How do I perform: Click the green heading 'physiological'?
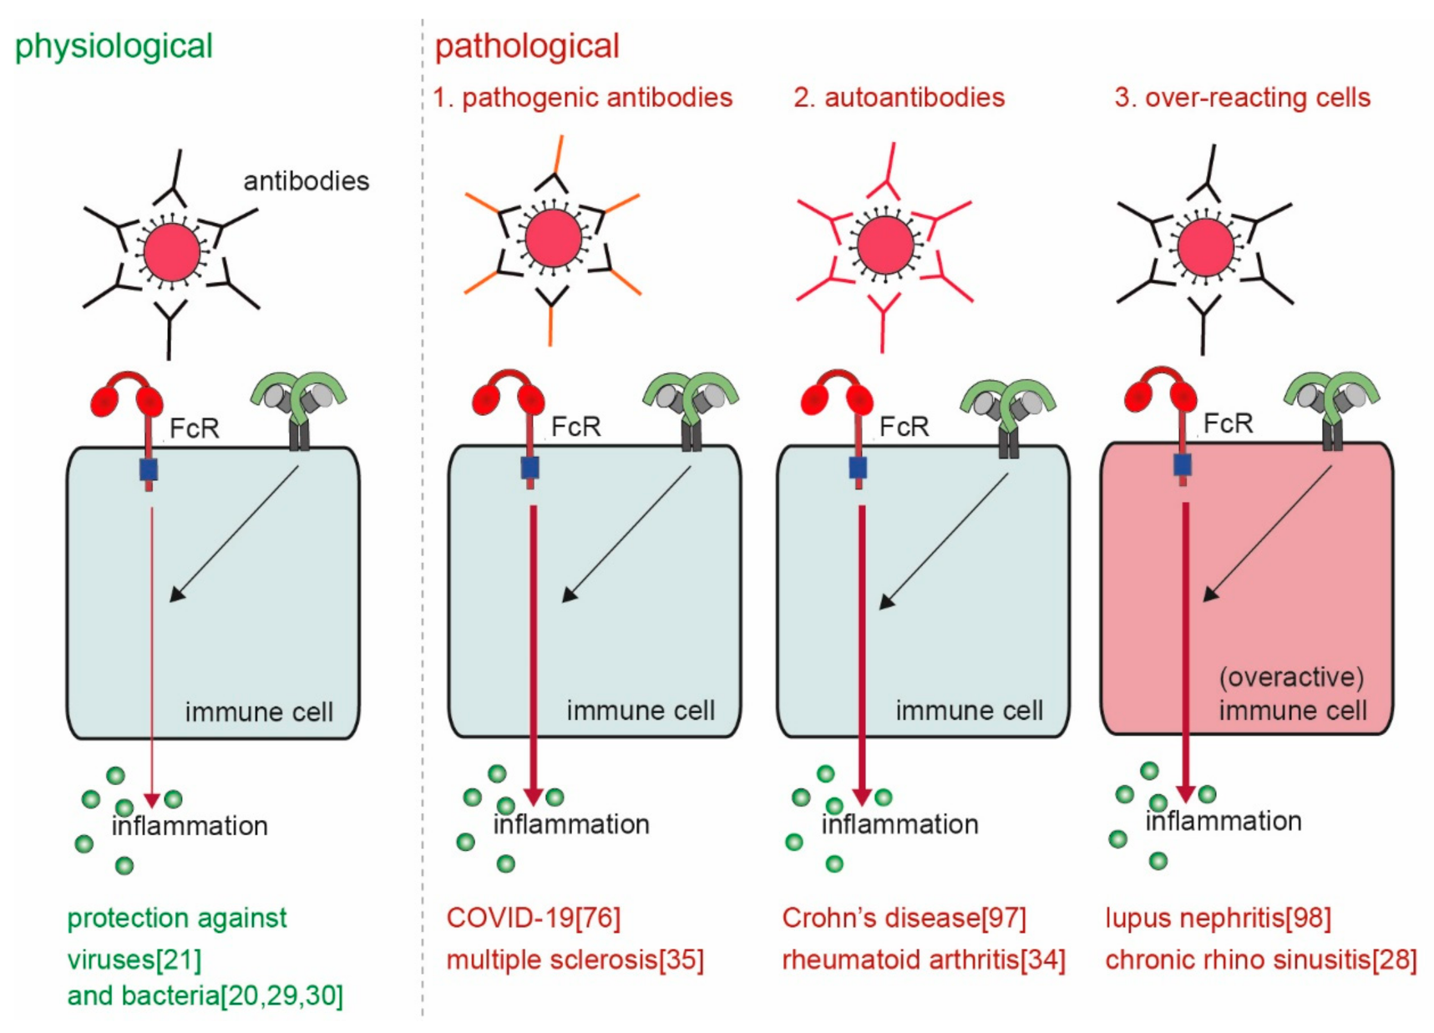click(114, 46)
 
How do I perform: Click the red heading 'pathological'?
click(527, 46)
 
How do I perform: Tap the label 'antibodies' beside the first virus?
click(306, 180)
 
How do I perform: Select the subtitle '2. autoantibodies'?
click(899, 98)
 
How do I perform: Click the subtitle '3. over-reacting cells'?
click(1242, 98)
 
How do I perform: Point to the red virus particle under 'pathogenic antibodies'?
click(553, 237)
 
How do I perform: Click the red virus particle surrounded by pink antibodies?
click(885, 246)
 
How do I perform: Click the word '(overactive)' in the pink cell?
click(1290, 676)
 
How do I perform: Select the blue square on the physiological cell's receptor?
click(149, 469)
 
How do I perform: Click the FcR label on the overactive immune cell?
click(1227, 423)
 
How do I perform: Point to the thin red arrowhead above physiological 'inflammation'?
click(152, 800)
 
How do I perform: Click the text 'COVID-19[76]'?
click(533, 918)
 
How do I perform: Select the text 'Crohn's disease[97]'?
click(904, 918)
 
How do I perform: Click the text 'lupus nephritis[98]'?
click(1218, 918)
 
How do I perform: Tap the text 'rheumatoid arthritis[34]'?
click(923, 960)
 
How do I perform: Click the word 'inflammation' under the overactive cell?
click(1223, 821)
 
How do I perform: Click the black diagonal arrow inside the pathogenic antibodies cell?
click(626, 534)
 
